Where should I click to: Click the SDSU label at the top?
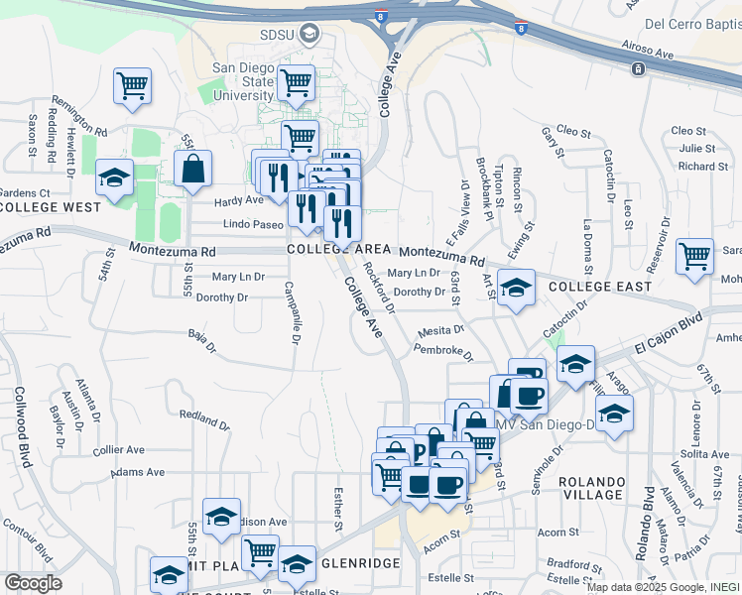pos(279,36)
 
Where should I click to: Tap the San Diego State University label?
pos(244,81)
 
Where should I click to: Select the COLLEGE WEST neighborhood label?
pos(52,207)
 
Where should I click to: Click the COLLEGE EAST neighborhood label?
pos(600,287)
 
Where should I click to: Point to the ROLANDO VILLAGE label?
pos(591,487)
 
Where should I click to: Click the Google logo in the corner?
pos(33,583)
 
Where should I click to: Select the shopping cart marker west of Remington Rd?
pos(132,85)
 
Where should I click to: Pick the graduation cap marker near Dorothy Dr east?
pos(516,287)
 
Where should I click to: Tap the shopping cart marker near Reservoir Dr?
pos(694,255)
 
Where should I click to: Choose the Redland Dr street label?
pos(204,417)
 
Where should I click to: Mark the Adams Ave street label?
pos(138,473)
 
